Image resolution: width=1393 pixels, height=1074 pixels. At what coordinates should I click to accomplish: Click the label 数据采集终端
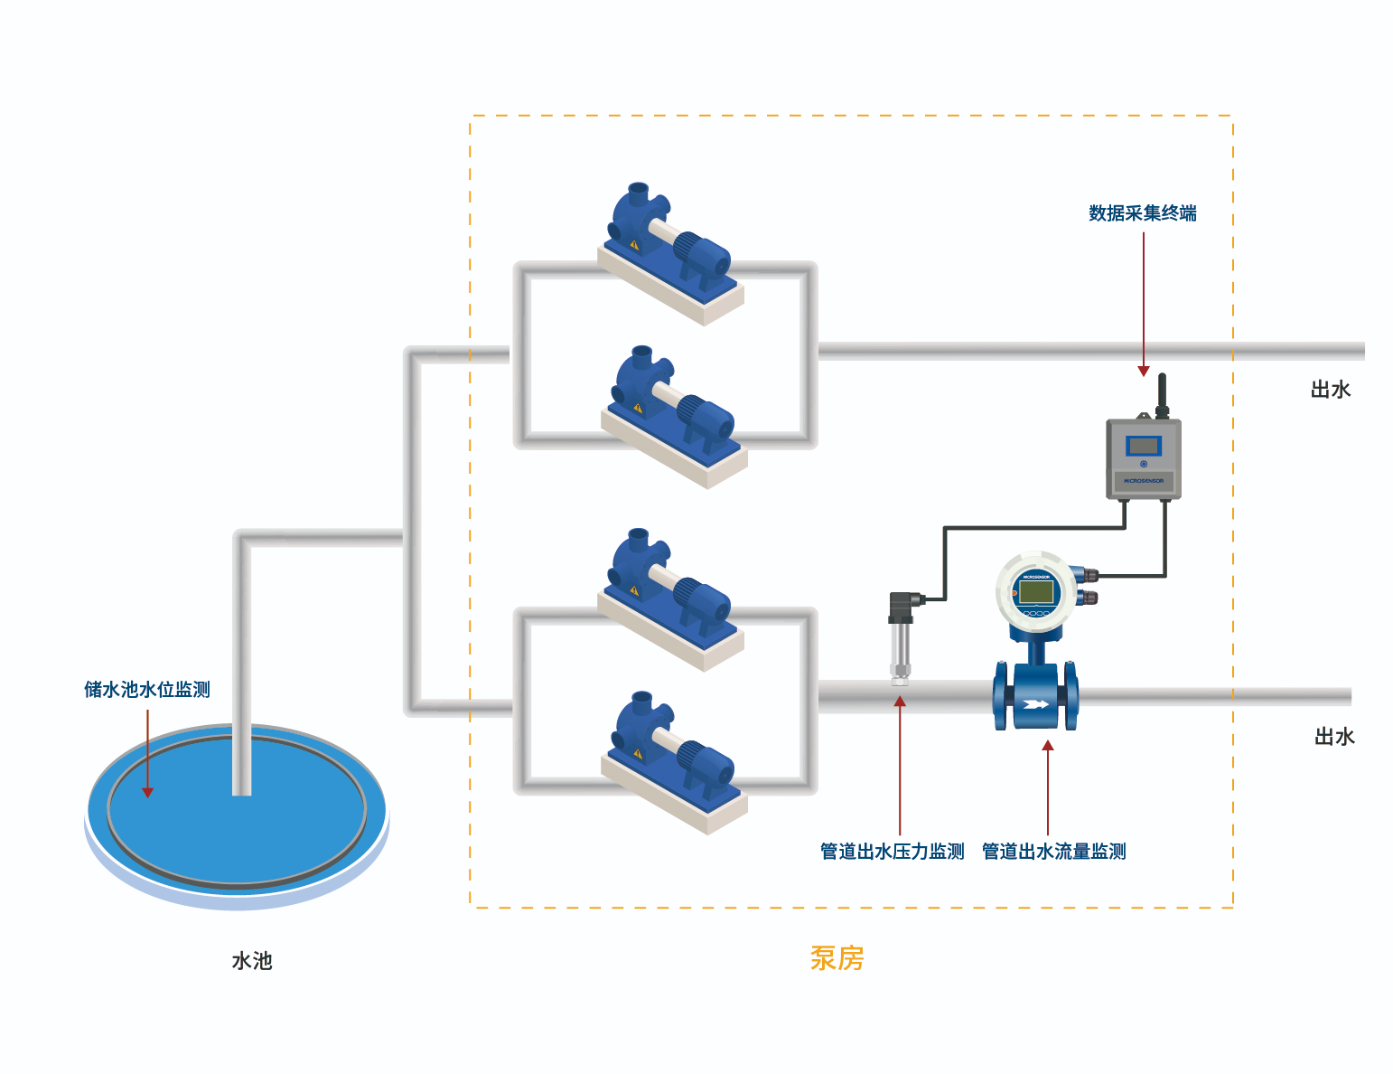pos(1142,213)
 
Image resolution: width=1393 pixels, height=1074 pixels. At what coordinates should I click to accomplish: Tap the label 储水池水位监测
pos(147,690)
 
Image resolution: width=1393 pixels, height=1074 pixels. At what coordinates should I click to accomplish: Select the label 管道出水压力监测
pos(892,852)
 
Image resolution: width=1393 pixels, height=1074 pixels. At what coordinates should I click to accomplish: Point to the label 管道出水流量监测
pos(1053,852)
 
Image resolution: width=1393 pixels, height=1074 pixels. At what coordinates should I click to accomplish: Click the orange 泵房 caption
pos(837,958)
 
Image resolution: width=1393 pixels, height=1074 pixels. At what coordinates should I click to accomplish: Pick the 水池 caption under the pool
pos(252,961)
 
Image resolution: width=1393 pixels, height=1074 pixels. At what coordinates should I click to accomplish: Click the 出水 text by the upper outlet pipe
pos(1330,390)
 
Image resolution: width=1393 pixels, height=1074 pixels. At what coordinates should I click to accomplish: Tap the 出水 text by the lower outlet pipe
pos(1333,737)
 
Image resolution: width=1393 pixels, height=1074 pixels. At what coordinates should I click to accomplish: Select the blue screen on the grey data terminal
pos(1144,446)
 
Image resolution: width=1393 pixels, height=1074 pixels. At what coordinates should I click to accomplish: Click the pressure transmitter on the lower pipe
pos(901,637)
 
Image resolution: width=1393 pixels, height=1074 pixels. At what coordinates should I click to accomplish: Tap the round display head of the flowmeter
pos(1035,592)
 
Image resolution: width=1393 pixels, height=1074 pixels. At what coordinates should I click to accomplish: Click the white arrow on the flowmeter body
pos(1035,705)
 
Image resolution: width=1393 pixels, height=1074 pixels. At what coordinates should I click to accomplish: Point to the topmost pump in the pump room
pos(668,244)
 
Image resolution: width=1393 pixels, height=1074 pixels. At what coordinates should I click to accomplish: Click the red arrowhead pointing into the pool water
pos(147,793)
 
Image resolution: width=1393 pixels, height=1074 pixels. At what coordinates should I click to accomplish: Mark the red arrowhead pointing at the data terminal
pos(1144,371)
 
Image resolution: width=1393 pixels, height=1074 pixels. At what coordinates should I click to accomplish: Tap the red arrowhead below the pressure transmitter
pos(900,702)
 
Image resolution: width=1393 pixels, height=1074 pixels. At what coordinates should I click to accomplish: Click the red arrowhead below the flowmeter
pos(1048,746)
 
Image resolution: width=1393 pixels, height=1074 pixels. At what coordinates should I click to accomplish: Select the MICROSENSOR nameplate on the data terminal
pos(1144,481)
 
